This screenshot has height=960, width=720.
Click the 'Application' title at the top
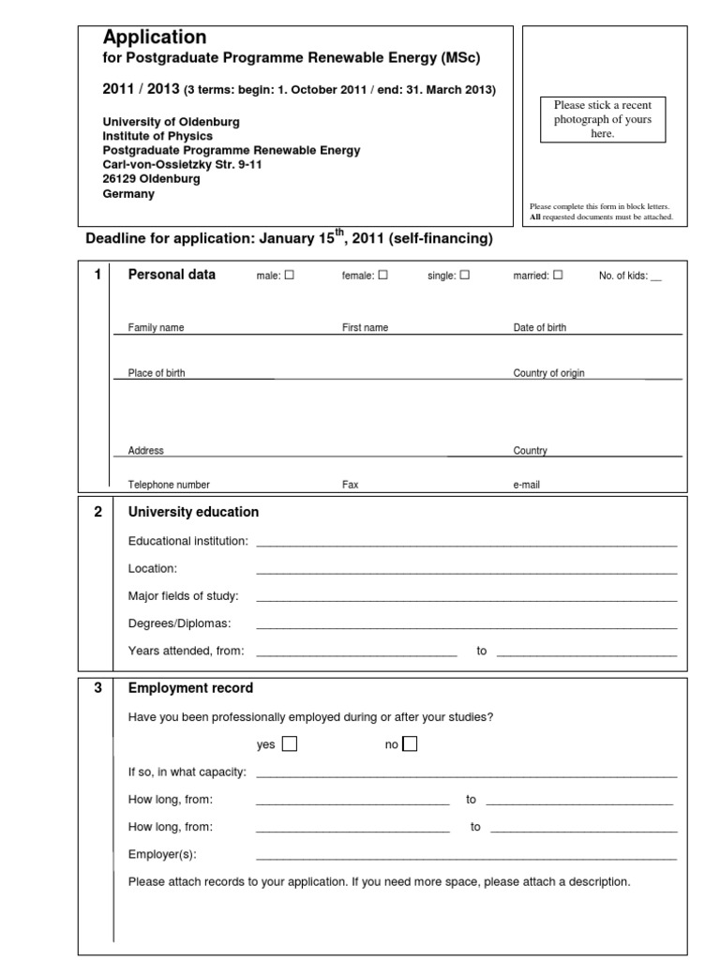[154, 37]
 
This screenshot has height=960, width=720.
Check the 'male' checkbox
[289, 276]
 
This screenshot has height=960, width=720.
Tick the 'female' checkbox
[382, 276]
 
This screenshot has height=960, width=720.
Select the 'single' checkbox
[465, 276]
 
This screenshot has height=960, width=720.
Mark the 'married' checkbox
[558, 276]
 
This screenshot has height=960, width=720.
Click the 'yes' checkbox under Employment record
[290, 744]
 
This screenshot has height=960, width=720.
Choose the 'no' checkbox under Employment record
[410, 744]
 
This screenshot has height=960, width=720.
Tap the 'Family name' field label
[156, 328]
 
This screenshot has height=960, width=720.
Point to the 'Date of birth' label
[539, 328]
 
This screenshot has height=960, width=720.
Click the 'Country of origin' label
[548, 373]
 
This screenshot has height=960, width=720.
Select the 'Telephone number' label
[169, 485]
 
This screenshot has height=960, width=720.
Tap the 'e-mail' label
[526, 485]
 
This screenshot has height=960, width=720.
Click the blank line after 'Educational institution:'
[466, 543]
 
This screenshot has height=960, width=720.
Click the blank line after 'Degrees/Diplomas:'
[466, 625]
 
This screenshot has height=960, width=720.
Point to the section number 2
[97, 512]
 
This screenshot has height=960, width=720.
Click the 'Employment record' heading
[190, 688]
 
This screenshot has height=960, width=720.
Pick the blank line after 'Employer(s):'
[466, 856]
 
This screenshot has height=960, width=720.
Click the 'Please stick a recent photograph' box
[603, 119]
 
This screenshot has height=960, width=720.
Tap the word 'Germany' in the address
[128, 194]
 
